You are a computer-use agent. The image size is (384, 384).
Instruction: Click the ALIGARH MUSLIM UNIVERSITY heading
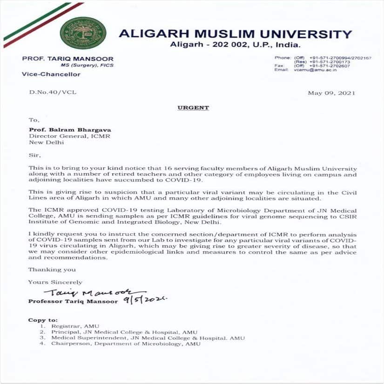[x=235, y=34]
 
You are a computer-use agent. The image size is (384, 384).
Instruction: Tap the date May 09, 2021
[x=331, y=93]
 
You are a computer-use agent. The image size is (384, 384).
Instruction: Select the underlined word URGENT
[x=193, y=108]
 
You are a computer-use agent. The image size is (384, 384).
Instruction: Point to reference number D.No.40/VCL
[x=53, y=93]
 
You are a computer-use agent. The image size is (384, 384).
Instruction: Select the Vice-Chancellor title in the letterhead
[x=51, y=74]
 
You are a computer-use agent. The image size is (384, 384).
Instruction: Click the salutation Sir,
[x=34, y=155]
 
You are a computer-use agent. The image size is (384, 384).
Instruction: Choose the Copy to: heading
[x=43, y=320]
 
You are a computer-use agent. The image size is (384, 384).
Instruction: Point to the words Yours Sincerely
[x=55, y=282]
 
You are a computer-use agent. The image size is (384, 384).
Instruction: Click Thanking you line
[x=52, y=269]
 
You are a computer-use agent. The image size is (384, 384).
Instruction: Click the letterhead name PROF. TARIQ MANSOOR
[x=67, y=59]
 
